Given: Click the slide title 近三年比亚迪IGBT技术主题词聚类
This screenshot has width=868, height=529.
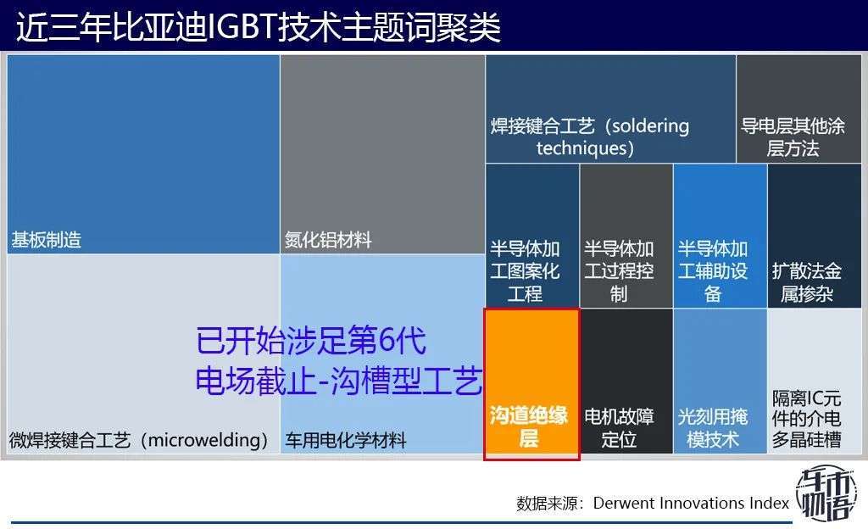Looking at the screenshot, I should (259, 27).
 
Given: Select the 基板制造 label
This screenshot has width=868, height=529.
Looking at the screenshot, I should (47, 240).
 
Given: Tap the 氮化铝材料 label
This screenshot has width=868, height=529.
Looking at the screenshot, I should (328, 240).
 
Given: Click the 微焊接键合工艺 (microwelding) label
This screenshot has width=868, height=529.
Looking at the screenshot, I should (139, 441).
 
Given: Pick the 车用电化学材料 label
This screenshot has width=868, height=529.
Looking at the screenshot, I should (346, 441).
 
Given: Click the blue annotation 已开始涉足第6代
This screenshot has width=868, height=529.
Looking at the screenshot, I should (310, 342).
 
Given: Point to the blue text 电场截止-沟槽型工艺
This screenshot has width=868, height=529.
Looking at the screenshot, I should (339, 380).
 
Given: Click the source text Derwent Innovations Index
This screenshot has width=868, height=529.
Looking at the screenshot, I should (691, 503).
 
